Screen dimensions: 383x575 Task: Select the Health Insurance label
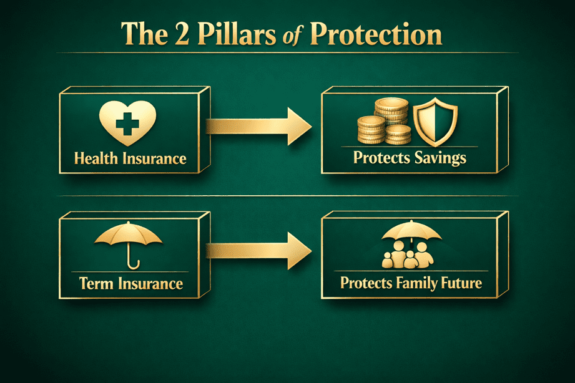click(x=130, y=157)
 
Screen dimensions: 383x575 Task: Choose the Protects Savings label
click(x=410, y=157)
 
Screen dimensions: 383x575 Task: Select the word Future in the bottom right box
click(x=460, y=283)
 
